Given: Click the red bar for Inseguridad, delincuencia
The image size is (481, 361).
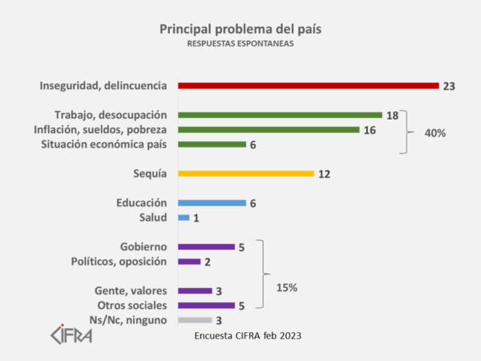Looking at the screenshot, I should pos(308,85).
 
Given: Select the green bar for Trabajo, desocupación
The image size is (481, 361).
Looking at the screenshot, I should pos(280,115).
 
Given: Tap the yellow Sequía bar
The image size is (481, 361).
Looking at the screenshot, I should pos(245,173).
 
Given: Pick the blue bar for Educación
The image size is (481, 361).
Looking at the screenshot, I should pos(212,203).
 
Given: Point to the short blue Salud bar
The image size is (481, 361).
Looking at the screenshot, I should pos(184,217).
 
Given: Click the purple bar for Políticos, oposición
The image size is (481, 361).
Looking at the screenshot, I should pos(189,262).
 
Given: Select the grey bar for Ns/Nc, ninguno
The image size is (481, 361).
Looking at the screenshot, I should pos(195,320).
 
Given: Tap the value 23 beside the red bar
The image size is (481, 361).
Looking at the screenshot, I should pos(448,86).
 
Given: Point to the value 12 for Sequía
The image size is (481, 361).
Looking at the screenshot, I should pos(323,174).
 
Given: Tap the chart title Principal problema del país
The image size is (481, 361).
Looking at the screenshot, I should pos(240,29).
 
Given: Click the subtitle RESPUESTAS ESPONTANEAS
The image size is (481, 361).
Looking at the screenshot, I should pos(240,45).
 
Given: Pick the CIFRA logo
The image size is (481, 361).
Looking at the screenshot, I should pos(71,332).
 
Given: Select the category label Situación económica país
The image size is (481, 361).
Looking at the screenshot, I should pos(103,144).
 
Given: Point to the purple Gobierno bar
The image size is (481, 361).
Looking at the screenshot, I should pos(206,247).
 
